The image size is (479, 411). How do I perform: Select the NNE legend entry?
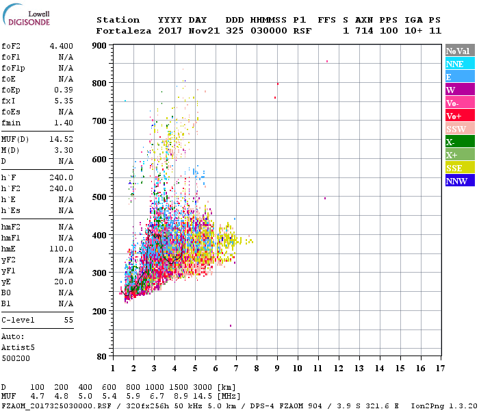460,64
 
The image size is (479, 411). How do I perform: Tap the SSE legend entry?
460,168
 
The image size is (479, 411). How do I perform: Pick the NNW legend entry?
460,181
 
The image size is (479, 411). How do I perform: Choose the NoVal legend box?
460,51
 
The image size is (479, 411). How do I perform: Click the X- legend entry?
460,142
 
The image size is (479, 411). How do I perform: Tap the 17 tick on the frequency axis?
441,369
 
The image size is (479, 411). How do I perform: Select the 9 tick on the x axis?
277,369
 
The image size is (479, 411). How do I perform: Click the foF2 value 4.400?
62,46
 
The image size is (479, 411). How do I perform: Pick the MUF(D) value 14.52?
62,139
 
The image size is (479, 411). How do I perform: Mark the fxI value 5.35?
64,101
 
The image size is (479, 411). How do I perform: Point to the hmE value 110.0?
62,249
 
